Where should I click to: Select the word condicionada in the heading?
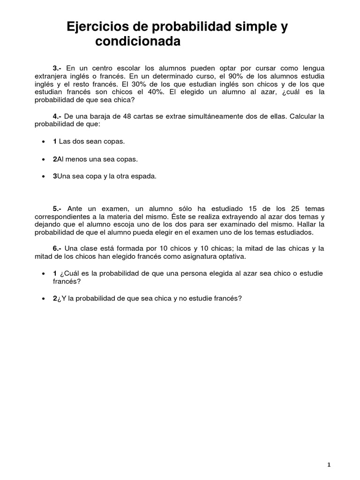pyautogui.click(x=138, y=42)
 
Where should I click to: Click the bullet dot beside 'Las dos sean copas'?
pyautogui.click(x=44, y=142)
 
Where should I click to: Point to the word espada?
pyautogui.click(x=144, y=177)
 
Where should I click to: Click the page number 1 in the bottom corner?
pyautogui.click(x=329, y=451)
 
